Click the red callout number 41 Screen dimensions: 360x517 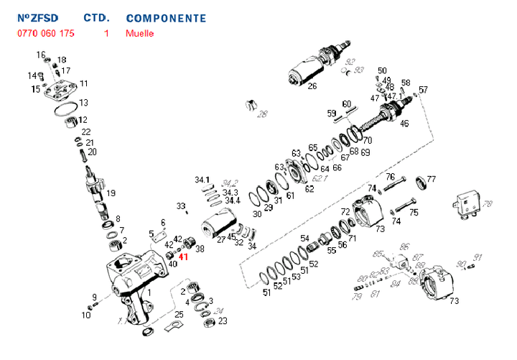tap(183, 257)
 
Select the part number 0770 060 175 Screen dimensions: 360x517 tap(44, 33)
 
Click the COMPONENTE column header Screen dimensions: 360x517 tap(165, 18)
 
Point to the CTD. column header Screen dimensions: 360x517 tap(97, 18)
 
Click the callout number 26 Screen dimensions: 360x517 tap(312, 87)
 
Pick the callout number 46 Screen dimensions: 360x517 tap(404, 124)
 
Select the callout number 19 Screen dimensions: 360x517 tap(111, 193)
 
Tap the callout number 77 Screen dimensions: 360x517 tap(432, 179)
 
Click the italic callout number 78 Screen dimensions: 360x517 tap(488, 204)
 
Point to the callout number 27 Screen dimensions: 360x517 tap(222, 239)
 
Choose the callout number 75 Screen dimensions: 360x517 tap(414, 212)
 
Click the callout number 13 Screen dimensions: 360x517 tap(83, 103)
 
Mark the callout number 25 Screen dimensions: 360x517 tap(179, 314)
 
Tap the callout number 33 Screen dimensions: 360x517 tap(181, 206)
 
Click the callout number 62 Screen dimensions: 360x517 tap(309, 189)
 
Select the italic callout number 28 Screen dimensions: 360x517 tap(262, 114)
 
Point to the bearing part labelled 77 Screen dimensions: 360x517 tap(421, 181)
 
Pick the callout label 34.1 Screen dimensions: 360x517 tap(202, 179)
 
